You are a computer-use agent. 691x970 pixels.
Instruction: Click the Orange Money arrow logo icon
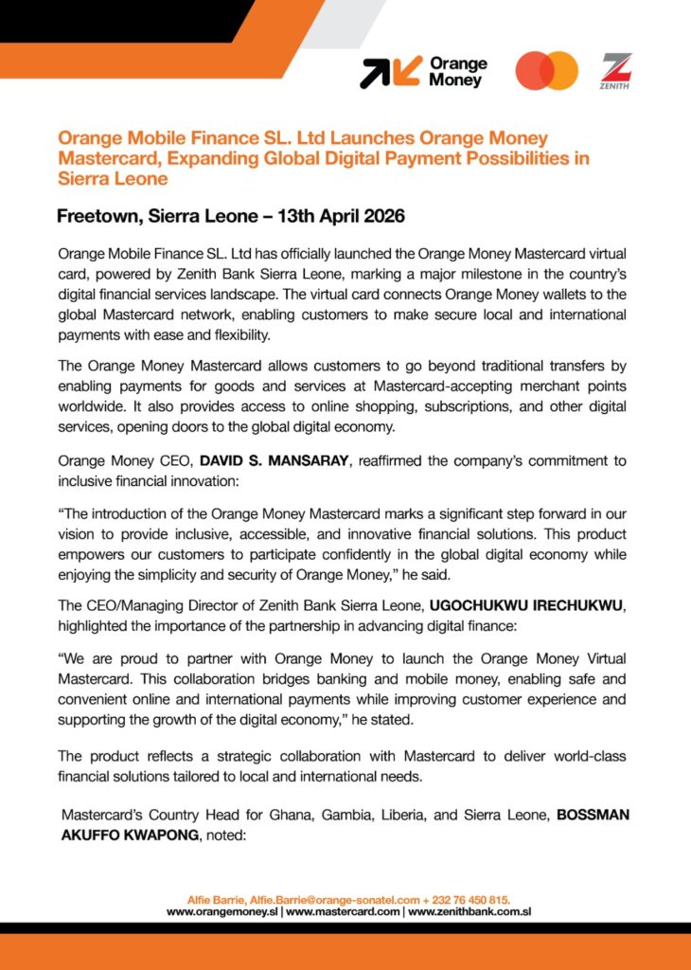coord(390,73)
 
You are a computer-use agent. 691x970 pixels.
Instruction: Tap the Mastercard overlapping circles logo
coord(546,71)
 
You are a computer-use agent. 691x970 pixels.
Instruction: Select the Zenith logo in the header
coord(617,71)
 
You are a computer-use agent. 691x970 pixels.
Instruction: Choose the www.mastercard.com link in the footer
coord(343,911)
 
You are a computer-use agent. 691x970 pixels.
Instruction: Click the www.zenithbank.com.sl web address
coord(469,911)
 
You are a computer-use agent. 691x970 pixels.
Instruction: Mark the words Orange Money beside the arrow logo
coord(457,72)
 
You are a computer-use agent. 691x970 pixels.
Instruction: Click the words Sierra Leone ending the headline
coord(112,178)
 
